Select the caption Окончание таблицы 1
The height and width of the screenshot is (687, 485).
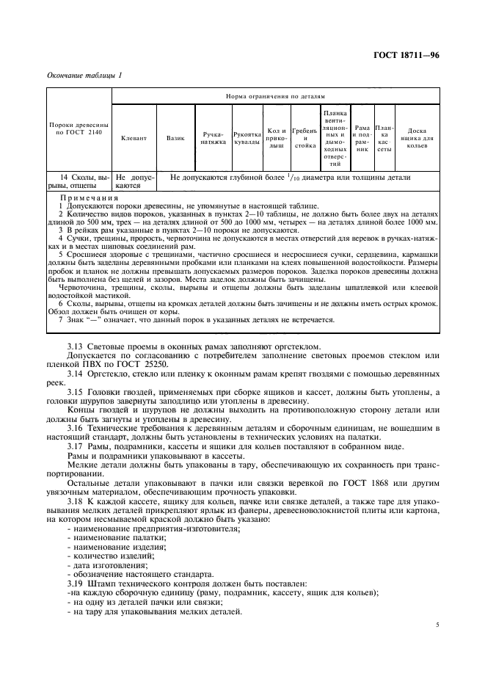[x=85, y=75]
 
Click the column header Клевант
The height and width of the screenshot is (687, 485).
[x=134, y=138]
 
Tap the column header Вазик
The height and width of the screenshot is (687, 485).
[x=175, y=138]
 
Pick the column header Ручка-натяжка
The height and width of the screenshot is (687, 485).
[x=213, y=138]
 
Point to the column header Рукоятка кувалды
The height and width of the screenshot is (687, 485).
[x=247, y=138]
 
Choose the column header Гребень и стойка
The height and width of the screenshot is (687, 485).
[x=304, y=138]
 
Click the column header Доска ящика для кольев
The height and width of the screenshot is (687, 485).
[x=417, y=138]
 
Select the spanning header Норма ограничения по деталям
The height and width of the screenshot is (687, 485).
[x=275, y=96]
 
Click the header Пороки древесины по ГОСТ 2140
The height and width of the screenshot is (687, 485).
[x=79, y=130]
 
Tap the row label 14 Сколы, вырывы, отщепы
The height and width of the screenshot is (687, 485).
[x=79, y=181]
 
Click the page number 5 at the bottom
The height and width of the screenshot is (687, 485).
[x=437, y=625]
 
